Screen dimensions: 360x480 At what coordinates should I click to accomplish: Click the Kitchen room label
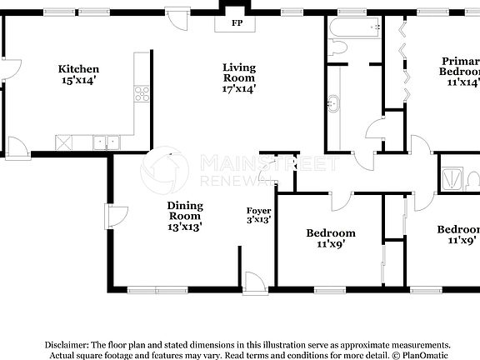(78, 69)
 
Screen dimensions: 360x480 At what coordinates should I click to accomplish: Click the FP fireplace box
(237, 23)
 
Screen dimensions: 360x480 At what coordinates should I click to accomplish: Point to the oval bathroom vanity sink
(334, 105)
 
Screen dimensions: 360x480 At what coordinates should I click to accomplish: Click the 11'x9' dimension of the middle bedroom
(331, 244)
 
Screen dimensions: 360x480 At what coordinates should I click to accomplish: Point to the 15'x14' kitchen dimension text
(78, 81)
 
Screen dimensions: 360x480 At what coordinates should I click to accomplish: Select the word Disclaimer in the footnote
(66, 344)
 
